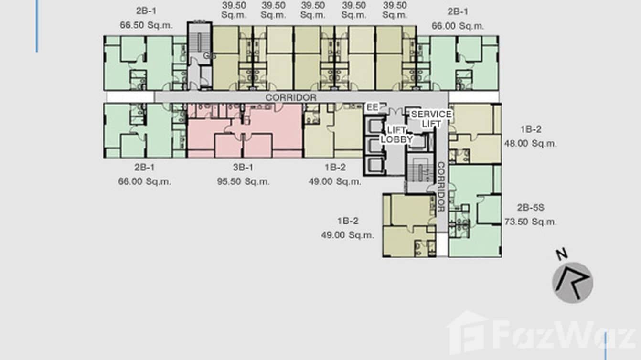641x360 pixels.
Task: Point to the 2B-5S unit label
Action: pos(530,208)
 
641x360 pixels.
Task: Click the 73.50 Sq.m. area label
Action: pos(530,222)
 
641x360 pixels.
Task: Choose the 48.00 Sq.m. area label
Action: pos(530,143)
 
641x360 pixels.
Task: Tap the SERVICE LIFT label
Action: pos(431,119)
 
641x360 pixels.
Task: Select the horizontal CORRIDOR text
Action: pos(291,97)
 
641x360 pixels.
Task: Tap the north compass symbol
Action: pos(573,282)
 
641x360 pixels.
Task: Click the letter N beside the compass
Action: pos(562,254)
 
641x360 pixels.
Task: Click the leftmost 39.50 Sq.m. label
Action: pos(234,10)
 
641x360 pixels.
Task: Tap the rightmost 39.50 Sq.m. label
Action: pos(395,10)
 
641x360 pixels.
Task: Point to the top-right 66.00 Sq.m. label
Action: pos(458,25)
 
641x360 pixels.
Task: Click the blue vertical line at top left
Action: pos(37,26)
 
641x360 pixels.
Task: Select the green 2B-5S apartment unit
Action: pos(475,210)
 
